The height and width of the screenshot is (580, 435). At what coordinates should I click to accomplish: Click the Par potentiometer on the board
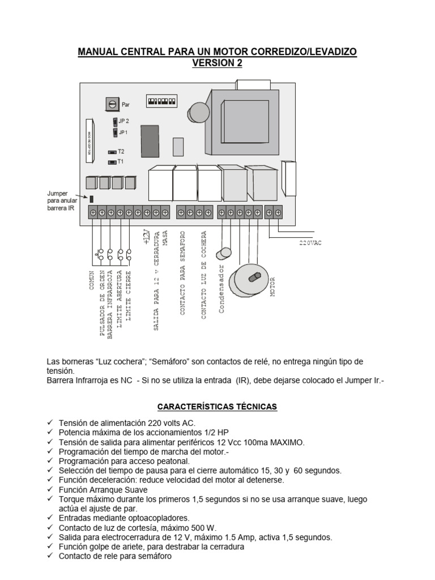click(x=112, y=104)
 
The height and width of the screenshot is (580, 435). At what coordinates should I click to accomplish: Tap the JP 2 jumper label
click(x=123, y=121)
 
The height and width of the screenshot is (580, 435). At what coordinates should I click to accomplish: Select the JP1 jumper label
click(x=123, y=132)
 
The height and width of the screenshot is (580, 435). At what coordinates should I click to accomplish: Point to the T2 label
click(x=121, y=152)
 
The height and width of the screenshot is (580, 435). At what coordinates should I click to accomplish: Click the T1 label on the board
click(x=121, y=161)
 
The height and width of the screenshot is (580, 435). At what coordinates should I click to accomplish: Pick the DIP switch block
click(x=160, y=102)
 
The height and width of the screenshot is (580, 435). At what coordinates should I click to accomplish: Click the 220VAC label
click(x=310, y=242)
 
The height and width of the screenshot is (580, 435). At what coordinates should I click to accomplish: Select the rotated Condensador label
click(x=222, y=289)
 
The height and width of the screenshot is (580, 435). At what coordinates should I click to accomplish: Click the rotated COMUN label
click(x=91, y=279)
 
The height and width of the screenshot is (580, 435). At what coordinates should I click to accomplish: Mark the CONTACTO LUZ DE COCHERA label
click(x=204, y=275)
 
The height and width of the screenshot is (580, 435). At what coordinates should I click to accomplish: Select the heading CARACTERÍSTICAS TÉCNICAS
click(x=217, y=407)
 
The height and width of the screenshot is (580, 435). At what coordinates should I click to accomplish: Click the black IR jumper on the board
click(x=92, y=198)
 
